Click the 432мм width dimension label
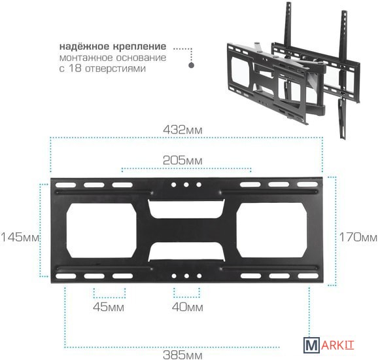pos(182,130)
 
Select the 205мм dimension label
pos(182,160)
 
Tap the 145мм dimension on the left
pos(20,237)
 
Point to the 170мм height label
pos(358,237)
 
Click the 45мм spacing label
pos(109,307)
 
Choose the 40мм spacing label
pos(187,307)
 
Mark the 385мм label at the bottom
pos(182,355)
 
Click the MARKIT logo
pos(329,344)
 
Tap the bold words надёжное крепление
pos(113,46)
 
